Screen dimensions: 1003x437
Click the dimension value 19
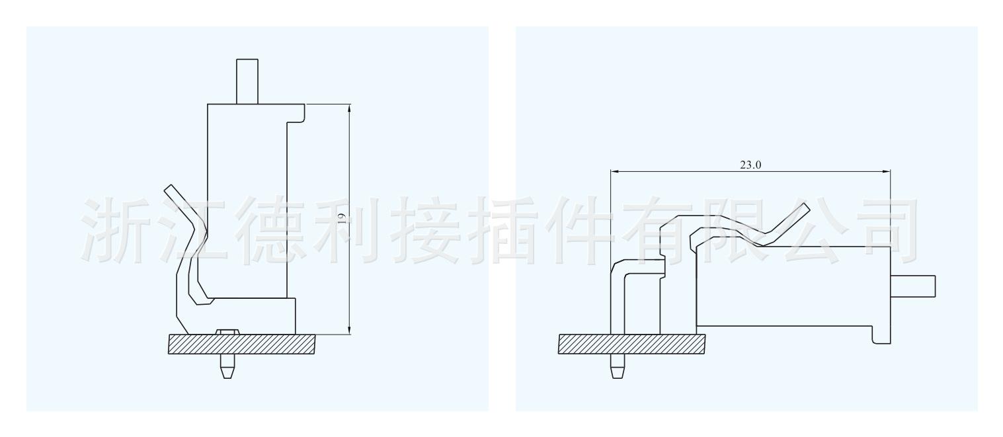pos(342,219)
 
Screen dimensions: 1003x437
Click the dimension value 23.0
pos(750,165)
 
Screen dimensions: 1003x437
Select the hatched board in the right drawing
pos(631,344)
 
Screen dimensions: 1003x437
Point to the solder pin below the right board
pos(616,366)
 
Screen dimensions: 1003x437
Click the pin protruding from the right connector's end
pos(914,287)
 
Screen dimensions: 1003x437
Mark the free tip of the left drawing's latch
pos(169,189)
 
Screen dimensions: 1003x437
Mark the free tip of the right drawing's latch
pos(805,208)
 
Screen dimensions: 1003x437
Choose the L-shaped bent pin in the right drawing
pos(625,278)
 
